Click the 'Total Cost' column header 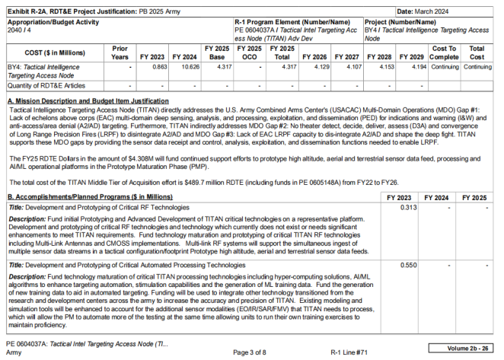coord(477,53)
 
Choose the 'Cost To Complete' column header coord(445,53)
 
